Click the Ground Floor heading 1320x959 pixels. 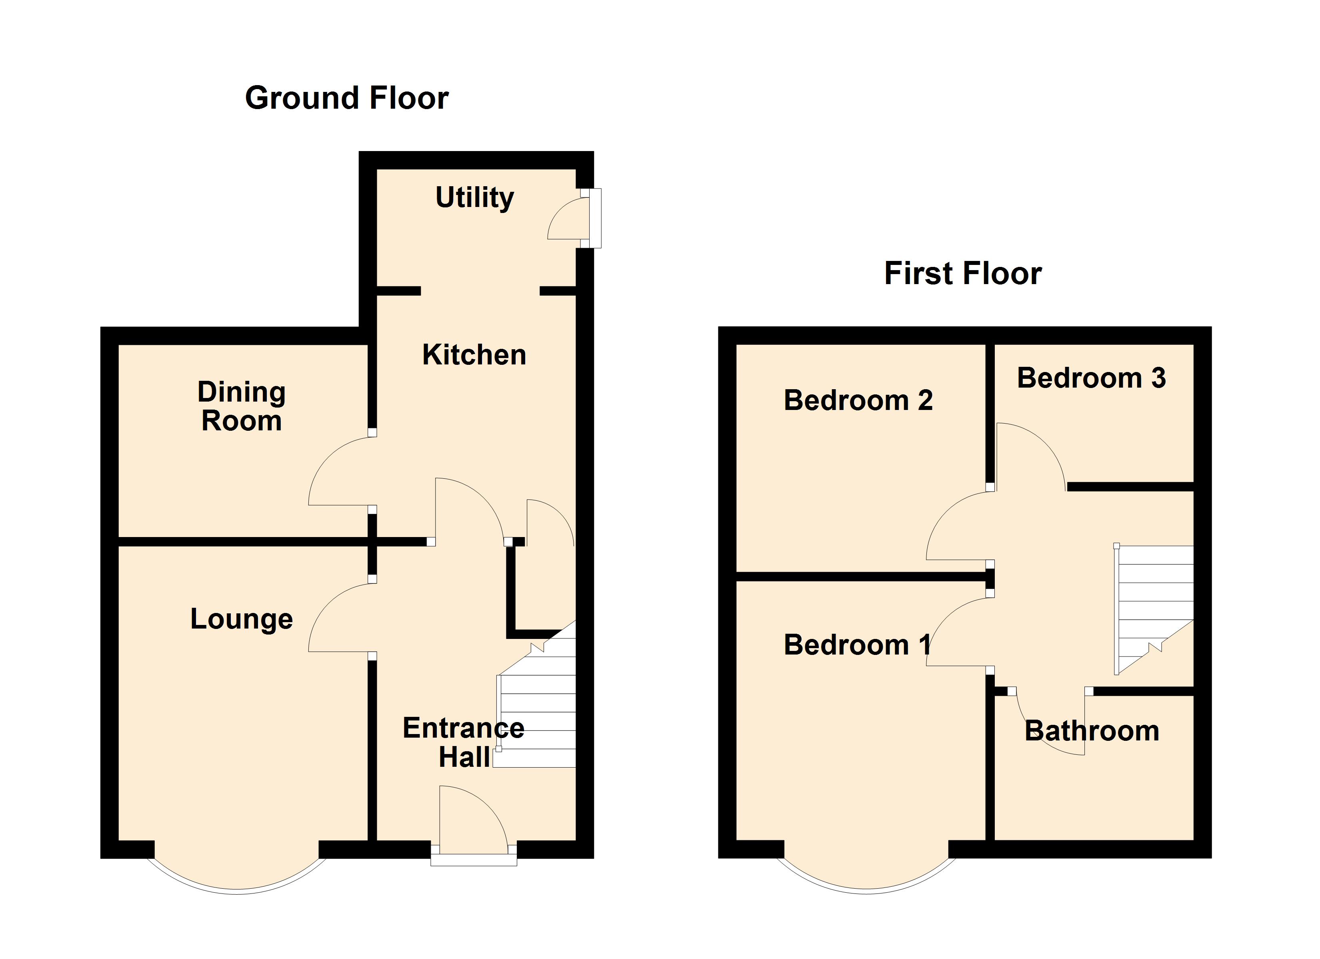coord(347,98)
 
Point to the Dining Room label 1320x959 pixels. coord(242,406)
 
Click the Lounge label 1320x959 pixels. coord(242,619)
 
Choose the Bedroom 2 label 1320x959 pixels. coord(858,400)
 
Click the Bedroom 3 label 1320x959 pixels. coord(1091,378)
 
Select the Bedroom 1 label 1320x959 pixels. coord(857,645)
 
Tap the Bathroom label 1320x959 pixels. coord(1091,731)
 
